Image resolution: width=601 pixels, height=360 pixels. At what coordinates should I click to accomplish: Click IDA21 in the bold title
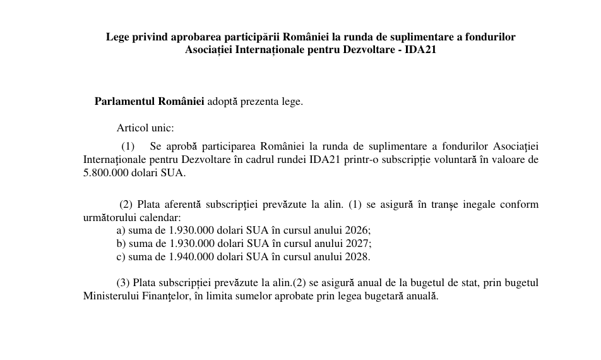[x=421, y=50]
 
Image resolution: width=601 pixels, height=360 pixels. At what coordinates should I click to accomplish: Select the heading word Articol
[x=133, y=128]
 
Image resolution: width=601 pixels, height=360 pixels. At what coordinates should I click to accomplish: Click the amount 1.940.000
[x=191, y=257]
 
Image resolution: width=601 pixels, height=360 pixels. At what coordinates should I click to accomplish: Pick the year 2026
[x=359, y=231]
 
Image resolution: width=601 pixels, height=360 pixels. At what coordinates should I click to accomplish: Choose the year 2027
[x=359, y=244]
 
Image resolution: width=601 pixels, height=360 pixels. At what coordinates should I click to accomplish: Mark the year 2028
[x=359, y=257]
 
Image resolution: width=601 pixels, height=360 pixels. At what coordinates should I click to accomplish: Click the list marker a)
[x=121, y=231]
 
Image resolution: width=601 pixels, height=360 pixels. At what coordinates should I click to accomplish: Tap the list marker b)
[x=121, y=244]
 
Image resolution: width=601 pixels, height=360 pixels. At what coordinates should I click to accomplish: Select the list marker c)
[x=121, y=257]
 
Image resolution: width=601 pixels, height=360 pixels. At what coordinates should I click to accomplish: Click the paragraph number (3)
[x=123, y=283]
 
